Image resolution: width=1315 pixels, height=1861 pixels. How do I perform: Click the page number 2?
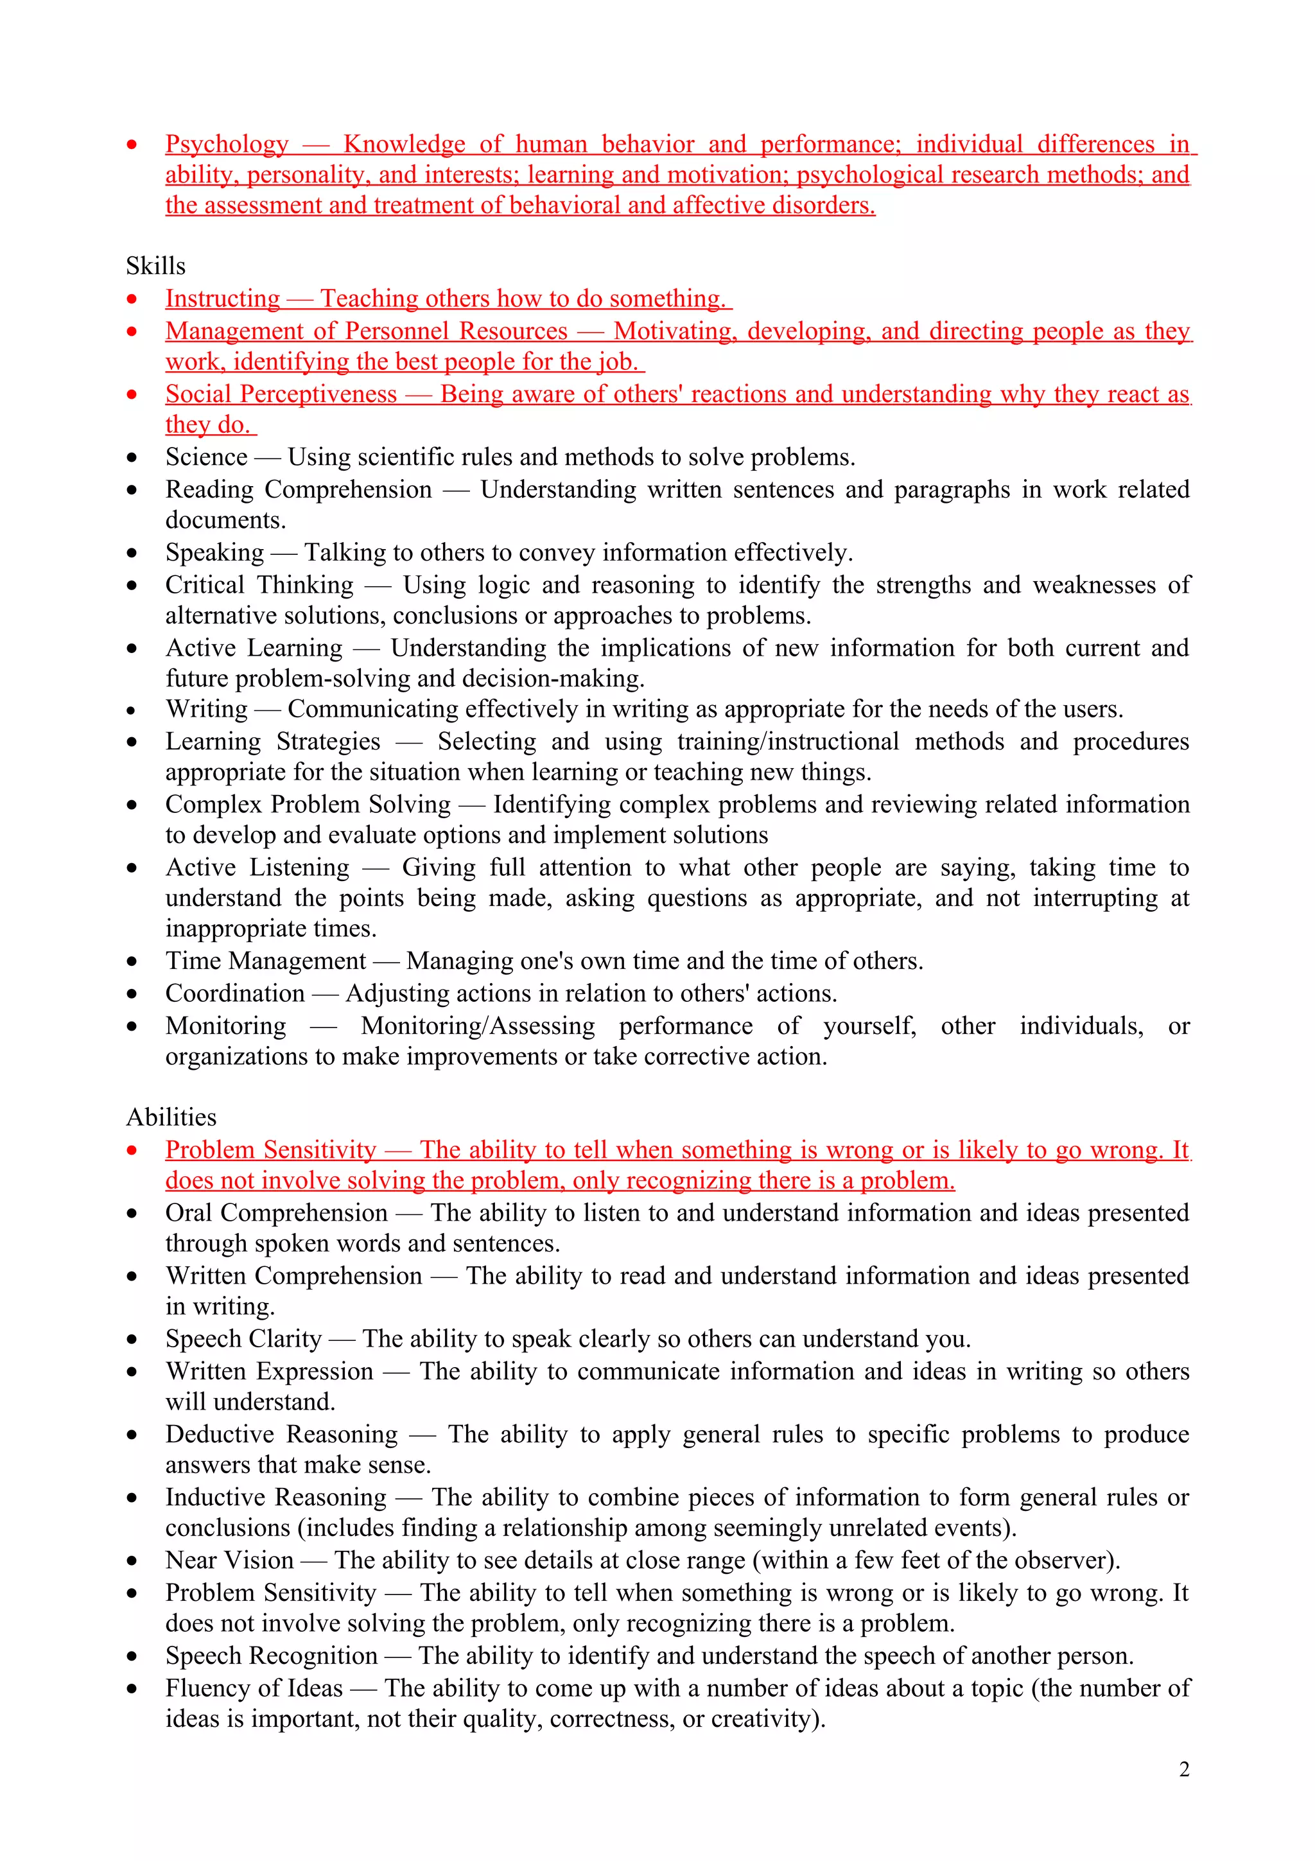pyautogui.click(x=1184, y=1769)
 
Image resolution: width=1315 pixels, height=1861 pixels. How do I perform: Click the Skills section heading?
pyautogui.click(x=155, y=266)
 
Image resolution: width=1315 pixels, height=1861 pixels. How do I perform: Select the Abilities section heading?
pyautogui.click(x=171, y=1117)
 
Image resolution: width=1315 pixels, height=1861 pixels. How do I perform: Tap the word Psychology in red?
pyautogui.click(x=227, y=144)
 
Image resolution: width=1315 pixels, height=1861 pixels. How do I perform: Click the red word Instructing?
pyautogui.click(x=223, y=298)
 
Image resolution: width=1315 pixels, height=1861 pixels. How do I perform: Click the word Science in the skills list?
pyautogui.click(x=207, y=457)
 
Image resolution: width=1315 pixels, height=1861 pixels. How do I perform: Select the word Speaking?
pyautogui.click(x=214, y=553)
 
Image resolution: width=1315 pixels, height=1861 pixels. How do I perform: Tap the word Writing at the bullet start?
pyautogui.click(x=207, y=709)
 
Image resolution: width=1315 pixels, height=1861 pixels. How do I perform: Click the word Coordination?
pyautogui.click(x=235, y=993)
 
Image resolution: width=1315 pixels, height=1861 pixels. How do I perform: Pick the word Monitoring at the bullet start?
pyautogui.click(x=226, y=1026)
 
